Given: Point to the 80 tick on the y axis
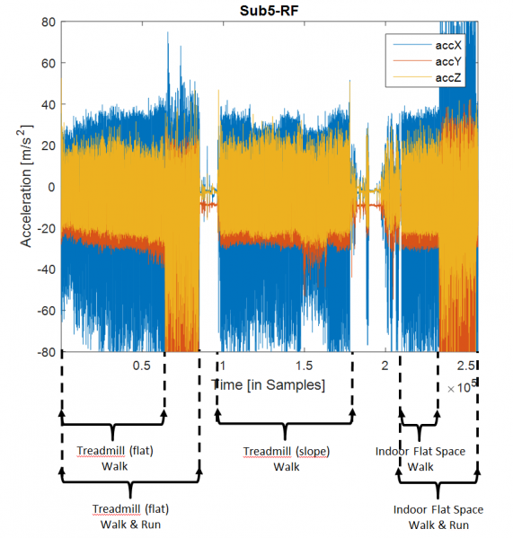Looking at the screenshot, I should tap(45, 22).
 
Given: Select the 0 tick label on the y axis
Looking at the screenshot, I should tap(49, 187).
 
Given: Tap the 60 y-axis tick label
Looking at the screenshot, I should tap(45, 63).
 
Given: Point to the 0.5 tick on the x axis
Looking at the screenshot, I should tap(142, 366).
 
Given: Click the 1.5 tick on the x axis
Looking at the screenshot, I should tap(304, 366).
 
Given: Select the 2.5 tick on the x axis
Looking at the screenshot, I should tap(466, 366).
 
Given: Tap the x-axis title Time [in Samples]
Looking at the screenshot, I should tap(268, 384).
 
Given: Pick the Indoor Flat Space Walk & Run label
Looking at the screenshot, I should tap(438, 516).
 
